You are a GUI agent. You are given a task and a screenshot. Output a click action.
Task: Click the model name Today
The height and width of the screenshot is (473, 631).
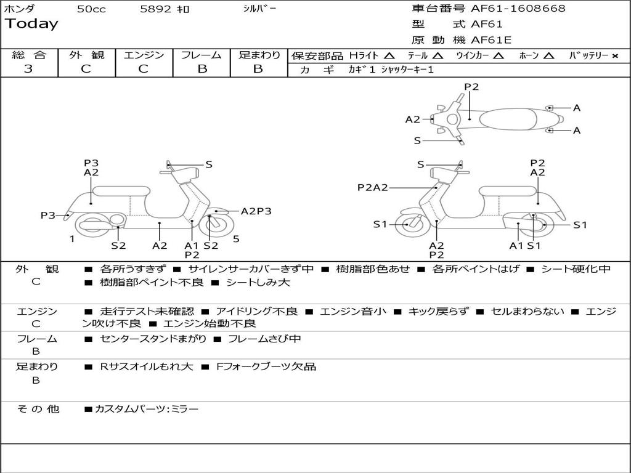coord(31,24)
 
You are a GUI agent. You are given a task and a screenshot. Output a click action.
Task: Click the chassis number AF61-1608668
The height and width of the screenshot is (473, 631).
coord(518,8)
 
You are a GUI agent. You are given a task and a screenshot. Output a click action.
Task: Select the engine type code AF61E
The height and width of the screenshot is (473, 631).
coord(491,40)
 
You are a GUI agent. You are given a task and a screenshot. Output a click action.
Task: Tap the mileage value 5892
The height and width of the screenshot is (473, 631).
coord(156,9)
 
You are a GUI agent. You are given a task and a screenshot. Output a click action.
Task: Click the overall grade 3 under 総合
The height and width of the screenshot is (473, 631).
coord(28,69)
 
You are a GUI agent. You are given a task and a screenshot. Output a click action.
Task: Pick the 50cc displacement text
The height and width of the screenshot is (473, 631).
coord(91,9)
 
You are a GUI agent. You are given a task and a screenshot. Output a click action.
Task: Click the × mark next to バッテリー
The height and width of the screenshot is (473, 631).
coord(615,56)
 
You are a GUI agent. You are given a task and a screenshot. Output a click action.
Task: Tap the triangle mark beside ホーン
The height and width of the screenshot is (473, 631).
coord(548,55)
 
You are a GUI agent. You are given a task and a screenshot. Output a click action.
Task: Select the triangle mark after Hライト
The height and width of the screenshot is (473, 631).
coord(389,55)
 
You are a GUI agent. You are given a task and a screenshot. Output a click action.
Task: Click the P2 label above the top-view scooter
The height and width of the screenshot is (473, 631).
coord(471,87)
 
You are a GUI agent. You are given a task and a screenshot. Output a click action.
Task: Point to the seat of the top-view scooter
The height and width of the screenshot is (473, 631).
coord(508,119)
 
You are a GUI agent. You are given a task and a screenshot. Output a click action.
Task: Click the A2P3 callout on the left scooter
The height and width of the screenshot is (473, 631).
coord(256,211)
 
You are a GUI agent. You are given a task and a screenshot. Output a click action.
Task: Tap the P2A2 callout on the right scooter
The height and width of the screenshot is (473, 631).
coord(373,187)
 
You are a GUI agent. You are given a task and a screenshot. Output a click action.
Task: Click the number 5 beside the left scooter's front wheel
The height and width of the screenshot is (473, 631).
coord(236,239)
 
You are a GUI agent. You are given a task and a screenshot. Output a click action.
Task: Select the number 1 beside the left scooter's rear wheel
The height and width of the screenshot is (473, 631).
coord(72,239)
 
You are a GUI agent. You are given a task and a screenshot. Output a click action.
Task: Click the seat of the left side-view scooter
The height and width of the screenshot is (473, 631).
coord(121,191)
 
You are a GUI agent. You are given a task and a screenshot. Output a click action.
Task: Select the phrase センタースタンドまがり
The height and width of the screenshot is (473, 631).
coord(153,339)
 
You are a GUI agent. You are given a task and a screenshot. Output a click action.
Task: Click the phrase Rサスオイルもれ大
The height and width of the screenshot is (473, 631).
coord(147,367)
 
